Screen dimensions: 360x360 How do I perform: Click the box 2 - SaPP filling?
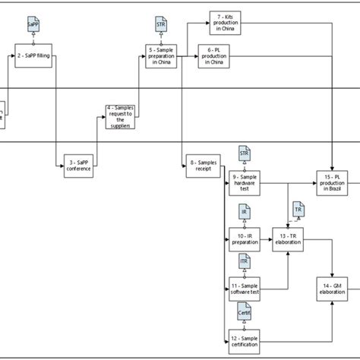pyautogui.click(x=33, y=55)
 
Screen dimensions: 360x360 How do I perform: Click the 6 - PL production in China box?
pyautogui.click(x=213, y=55)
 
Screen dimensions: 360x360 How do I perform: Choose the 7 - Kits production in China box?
pyautogui.click(x=226, y=21)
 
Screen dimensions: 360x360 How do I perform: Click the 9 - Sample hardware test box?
pyautogui.click(x=244, y=183)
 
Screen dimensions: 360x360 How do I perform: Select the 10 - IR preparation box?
pyautogui.click(x=244, y=241)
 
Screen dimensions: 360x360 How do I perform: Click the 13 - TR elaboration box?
pyautogui.click(x=289, y=241)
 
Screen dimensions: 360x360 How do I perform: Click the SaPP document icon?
pyautogui.click(x=33, y=24)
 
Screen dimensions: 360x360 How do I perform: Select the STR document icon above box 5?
pyautogui.click(x=160, y=25)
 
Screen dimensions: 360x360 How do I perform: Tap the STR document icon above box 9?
pyautogui.click(x=244, y=153)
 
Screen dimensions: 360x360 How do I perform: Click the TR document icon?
pyautogui.click(x=298, y=208)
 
